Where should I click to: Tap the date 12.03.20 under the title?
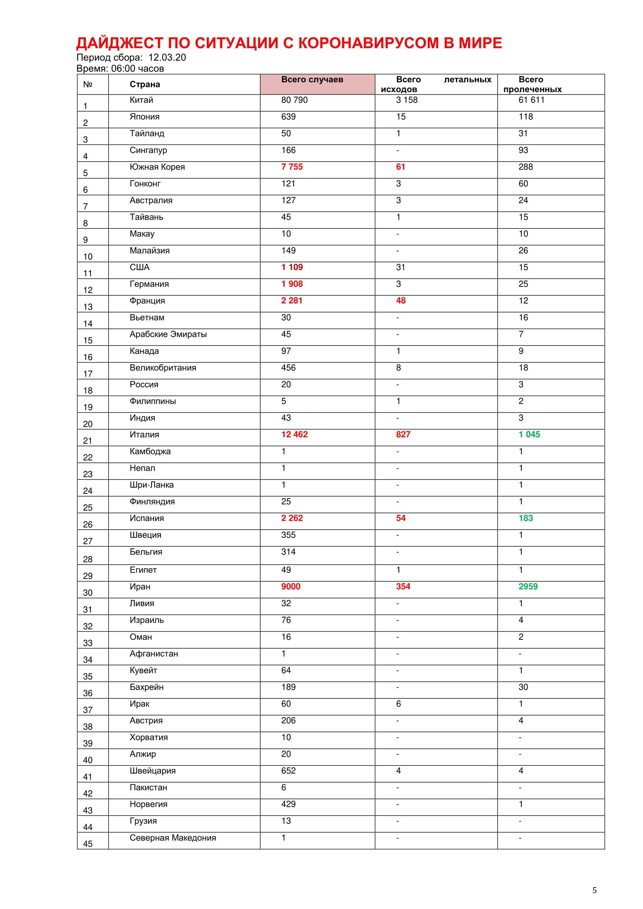pyautogui.click(x=167, y=58)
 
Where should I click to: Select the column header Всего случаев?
pyautogui.click(x=312, y=80)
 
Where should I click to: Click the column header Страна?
pyautogui.click(x=145, y=84)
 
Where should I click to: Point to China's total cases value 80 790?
pyautogui.click(x=294, y=100)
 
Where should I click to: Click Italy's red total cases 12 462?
pyautogui.click(x=294, y=434)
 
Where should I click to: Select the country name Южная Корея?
pyautogui.click(x=157, y=167)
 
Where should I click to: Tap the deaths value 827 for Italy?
pyautogui.click(x=403, y=434)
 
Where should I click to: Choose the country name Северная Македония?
pyautogui.click(x=173, y=837)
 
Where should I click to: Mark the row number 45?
pyautogui.click(x=87, y=844)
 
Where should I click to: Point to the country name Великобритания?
pyautogui.click(x=163, y=368)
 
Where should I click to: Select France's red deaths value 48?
pyautogui.click(x=401, y=300)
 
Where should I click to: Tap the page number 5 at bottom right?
pyautogui.click(x=594, y=890)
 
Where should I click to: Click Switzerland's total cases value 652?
pyautogui.click(x=288, y=770)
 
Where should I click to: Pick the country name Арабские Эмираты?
pyautogui.click(x=168, y=334)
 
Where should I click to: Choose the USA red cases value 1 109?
pyautogui.click(x=292, y=267)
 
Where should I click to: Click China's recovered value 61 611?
pyautogui.click(x=531, y=100)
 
